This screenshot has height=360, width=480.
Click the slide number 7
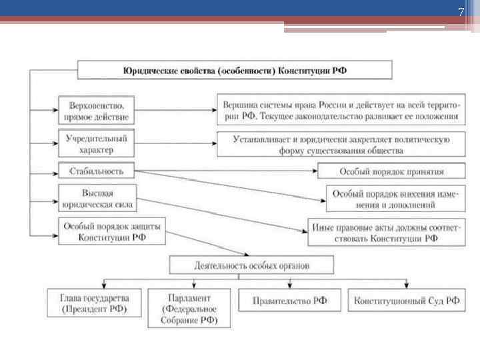point(460,13)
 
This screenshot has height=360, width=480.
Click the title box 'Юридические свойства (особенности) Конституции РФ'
point(235,70)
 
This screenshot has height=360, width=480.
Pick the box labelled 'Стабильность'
point(97,171)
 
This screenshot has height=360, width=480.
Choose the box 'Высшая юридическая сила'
point(97,199)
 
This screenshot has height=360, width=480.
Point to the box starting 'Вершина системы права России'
point(341,109)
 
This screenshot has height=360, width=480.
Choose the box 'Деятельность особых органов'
point(252,265)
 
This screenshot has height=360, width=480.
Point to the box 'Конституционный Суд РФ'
point(407,300)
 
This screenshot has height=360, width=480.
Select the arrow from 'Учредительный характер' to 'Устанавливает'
point(175,141)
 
